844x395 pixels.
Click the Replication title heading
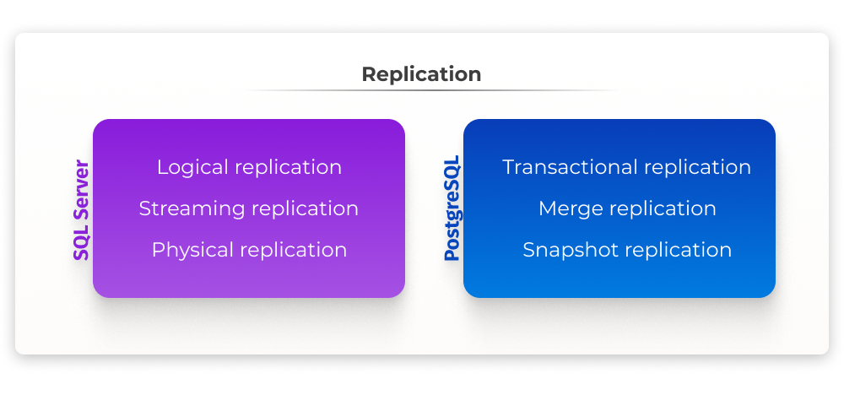pos(421,74)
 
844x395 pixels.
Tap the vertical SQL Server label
pos(81,210)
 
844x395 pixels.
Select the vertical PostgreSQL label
pos(452,208)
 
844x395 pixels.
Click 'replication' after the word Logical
pos(288,167)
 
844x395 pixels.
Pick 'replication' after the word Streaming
pos(305,208)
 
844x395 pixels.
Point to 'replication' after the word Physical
pos(294,250)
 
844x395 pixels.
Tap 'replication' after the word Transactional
pos(697,167)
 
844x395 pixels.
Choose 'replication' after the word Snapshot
pos(679,250)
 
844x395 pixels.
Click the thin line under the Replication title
pos(430,90)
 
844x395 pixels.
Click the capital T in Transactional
pos(509,167)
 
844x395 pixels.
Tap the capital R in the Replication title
pos(368,74)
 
